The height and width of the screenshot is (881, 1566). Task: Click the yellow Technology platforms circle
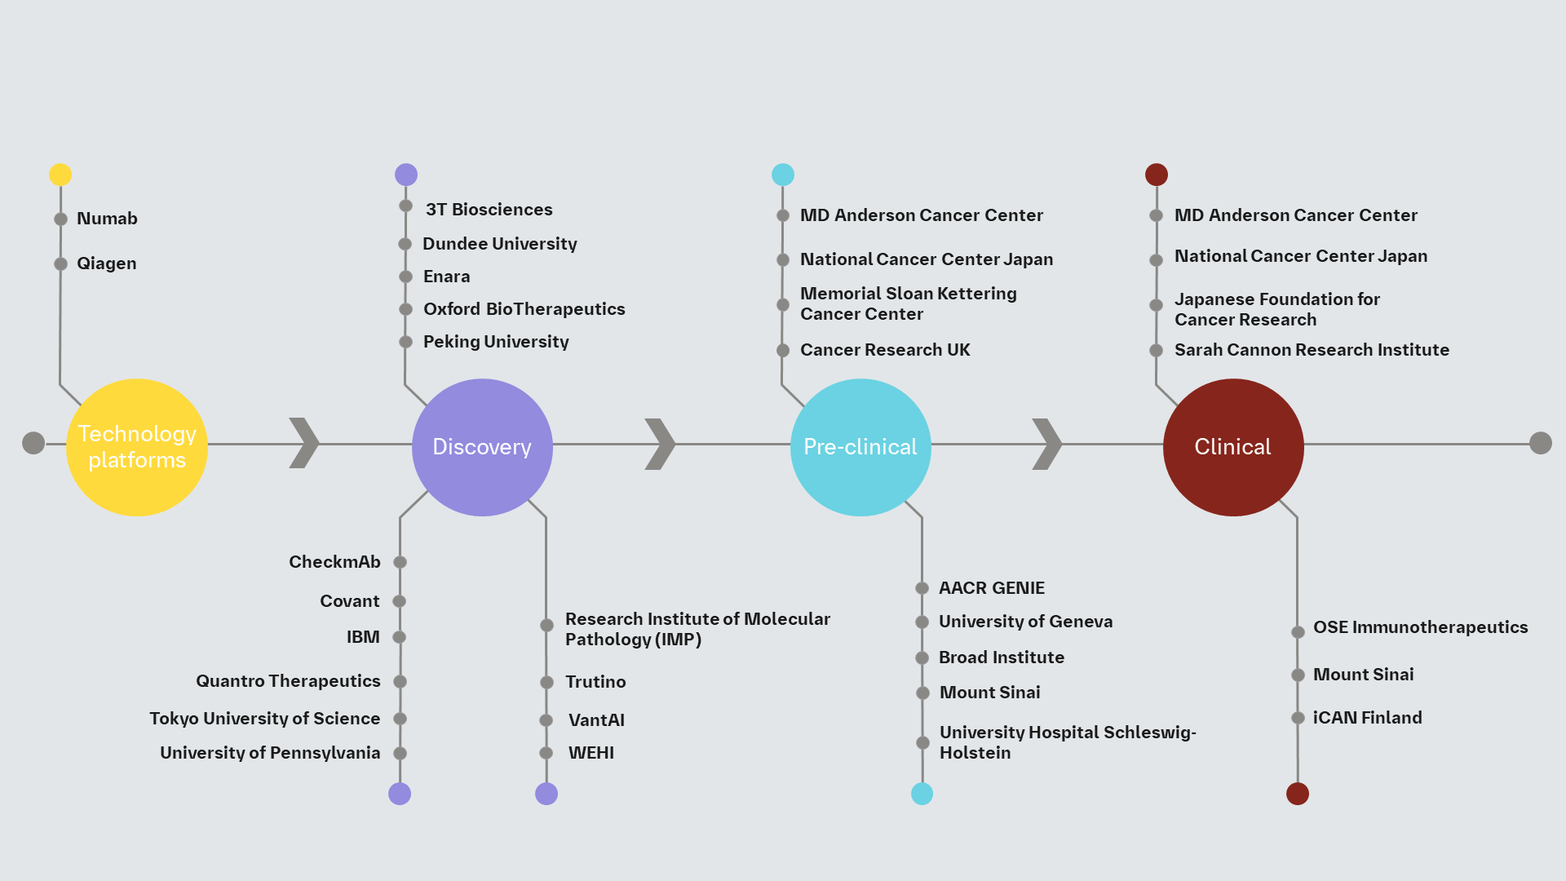[137, 447]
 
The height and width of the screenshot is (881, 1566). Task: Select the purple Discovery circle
[482, 447]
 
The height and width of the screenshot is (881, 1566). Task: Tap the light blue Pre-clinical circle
[860, 447]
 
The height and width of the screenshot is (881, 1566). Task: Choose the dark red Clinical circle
[1233, 447]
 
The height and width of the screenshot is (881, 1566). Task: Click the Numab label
[107, 219]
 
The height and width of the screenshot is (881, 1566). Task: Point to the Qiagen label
[106, 263]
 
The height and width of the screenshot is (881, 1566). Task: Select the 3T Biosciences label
[489, 210]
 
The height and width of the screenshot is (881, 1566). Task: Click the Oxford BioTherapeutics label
[524, 309]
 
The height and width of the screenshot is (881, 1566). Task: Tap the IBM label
[363, 637]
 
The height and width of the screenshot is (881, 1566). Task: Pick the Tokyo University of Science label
[264, 719]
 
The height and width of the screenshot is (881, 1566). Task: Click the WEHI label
[591, 753]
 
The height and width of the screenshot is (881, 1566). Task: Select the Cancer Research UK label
[885, 350]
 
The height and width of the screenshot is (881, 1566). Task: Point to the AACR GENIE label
[991, 588]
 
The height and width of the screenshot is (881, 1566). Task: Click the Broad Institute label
[1001, 657]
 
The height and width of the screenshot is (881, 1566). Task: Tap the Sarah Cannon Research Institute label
[1312, 350]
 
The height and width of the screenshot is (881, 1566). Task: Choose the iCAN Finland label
[1367, 718]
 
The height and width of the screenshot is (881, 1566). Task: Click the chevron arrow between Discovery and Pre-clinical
[660, 445]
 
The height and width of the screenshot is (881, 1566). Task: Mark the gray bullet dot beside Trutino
[546, 682]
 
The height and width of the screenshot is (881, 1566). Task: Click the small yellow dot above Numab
[60, 175]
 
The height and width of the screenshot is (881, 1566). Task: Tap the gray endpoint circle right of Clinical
[1540, 443]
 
